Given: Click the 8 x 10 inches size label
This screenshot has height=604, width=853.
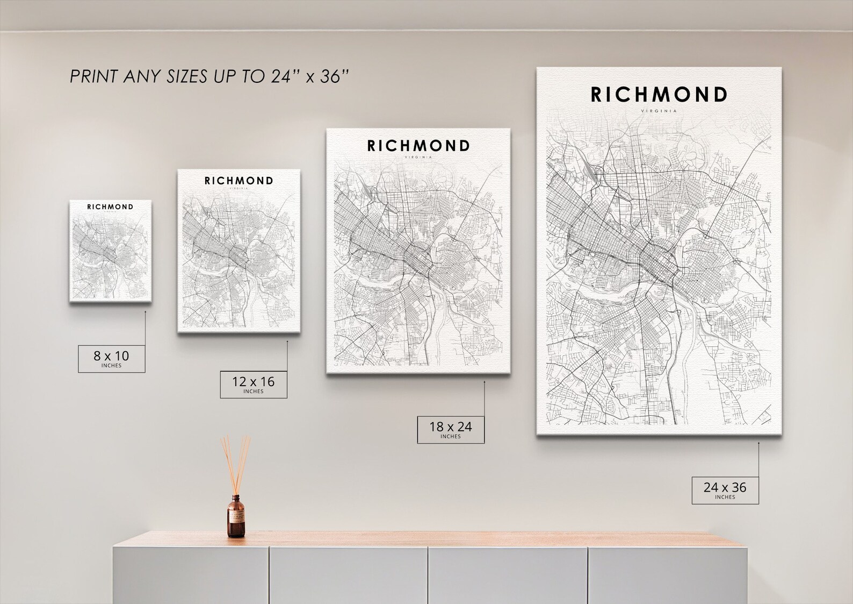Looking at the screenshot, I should (111, 358).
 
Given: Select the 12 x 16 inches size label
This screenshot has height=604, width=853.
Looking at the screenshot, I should (253, 384).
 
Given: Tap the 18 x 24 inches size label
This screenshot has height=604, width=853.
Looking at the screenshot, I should (450, 429).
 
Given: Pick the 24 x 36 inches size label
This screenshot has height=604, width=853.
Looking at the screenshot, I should (725, 490).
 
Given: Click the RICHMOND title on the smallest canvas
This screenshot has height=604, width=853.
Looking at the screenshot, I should (110, 207).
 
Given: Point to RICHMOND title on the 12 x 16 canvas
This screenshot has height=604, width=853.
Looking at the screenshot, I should (238, 181).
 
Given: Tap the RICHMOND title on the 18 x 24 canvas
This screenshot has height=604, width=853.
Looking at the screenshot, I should (418, 145).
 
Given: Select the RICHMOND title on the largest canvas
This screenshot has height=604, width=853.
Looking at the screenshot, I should (659, 95).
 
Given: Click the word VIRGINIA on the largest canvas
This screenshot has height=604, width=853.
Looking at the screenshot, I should (659, 111).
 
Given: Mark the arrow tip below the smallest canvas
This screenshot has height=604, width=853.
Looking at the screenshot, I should (145, 311).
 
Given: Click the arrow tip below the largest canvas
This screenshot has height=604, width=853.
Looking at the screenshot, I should (758, 443).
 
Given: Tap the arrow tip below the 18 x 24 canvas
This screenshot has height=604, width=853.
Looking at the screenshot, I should (484, 382).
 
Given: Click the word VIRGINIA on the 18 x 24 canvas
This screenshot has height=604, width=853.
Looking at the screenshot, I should (418, 158).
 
